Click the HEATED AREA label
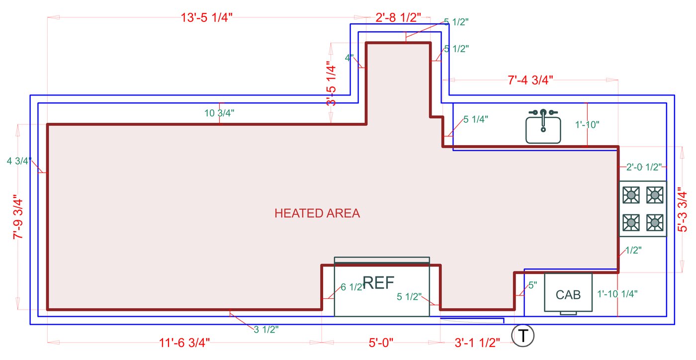(317, 213)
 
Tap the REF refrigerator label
(379, 283)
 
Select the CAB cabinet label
(568, 294)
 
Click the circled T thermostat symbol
(523, 336)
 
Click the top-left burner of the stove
(631, 195)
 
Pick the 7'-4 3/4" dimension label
(530, 81)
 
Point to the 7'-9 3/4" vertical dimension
(18, 217)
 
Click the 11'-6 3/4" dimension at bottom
(184, 343)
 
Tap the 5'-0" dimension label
(381, 343)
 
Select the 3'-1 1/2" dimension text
(477, 343)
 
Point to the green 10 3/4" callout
(219, 113)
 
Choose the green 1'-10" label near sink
(587, 124)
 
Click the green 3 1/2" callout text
(266, 329)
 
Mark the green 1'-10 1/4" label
(617, 294)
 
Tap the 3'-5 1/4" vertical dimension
(331, 84)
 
